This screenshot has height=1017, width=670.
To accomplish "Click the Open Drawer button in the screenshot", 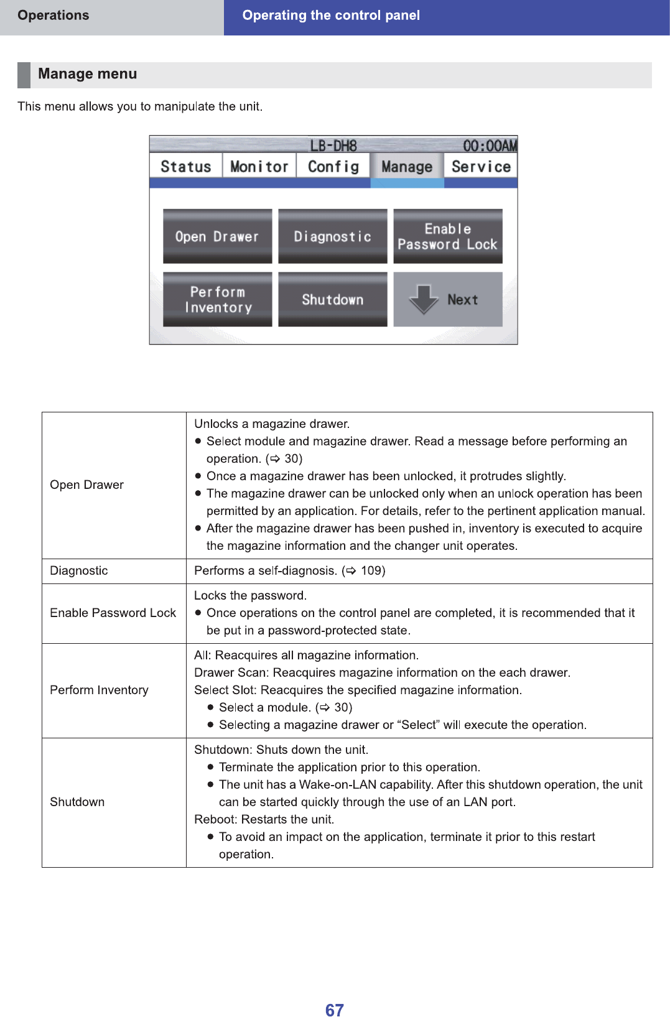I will (217, 236).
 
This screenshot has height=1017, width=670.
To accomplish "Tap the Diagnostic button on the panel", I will (332, 236).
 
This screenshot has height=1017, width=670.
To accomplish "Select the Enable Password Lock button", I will (447, 236).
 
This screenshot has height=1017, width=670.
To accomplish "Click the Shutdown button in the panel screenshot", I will (332, 299).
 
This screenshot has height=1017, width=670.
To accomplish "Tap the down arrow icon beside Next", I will (424, 299).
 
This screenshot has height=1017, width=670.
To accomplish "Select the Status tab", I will (185, 167).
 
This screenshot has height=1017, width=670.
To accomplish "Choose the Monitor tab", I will (259, 167).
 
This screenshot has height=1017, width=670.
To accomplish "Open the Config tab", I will (333, 167).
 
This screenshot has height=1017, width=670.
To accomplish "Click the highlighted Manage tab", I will (407, 167).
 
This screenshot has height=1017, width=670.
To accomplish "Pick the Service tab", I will (481, 167).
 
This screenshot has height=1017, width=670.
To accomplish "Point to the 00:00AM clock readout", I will (490, 146).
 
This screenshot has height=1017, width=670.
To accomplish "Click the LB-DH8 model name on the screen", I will (333, 146).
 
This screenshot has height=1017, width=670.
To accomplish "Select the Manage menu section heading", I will (87, 74).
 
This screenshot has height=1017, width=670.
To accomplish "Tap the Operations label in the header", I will (53, 16).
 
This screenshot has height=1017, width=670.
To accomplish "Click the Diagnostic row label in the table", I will (79, 570).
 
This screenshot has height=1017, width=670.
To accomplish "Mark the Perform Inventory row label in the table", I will (99, 690).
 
